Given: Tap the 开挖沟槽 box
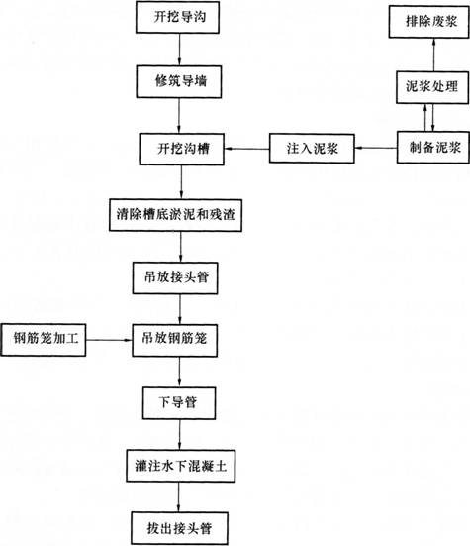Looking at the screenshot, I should (x=179, y=150).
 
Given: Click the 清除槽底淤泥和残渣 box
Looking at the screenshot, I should (x=180, y=213).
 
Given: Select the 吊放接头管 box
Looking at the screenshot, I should (x=179, y=276).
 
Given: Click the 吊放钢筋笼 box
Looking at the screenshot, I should (x=179, y=341).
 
